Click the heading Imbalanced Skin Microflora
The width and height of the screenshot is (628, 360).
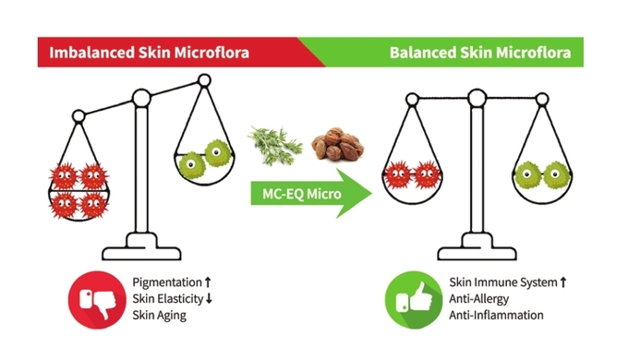tap(149, 53)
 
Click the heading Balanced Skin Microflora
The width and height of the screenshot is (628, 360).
tap(480, 53)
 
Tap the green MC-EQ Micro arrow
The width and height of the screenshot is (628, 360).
tap(311, 194)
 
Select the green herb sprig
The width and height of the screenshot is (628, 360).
tap(275, 145)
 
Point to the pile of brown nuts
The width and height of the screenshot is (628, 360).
tap(338, 144)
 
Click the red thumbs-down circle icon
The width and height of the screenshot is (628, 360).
tap(97, 300)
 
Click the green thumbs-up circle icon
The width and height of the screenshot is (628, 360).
tap(414, 300)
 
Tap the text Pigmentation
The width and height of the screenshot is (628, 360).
tap(167, 282)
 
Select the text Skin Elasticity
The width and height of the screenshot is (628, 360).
tap(168, 299)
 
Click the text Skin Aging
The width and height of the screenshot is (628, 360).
tap(160, 315)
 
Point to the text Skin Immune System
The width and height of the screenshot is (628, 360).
tap(503, 282)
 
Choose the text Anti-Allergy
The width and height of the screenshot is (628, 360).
tap(478, 299)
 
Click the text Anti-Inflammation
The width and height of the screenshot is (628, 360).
tap(496, 315)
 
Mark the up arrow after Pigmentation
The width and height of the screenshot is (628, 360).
tap(208, 282)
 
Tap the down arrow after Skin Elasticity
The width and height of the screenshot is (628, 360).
tap(209, 299)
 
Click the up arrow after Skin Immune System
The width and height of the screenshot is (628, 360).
tap(563, 282)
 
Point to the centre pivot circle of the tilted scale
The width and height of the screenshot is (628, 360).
tap(141, 98)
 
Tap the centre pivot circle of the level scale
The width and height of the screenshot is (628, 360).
tap(477, 98)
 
